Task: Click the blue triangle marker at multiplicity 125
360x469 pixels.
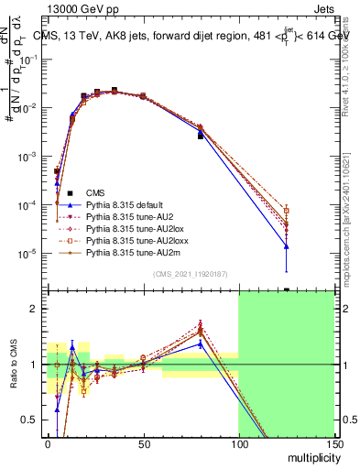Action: point(287,245)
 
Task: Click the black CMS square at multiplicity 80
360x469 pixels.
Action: point(201,136)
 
